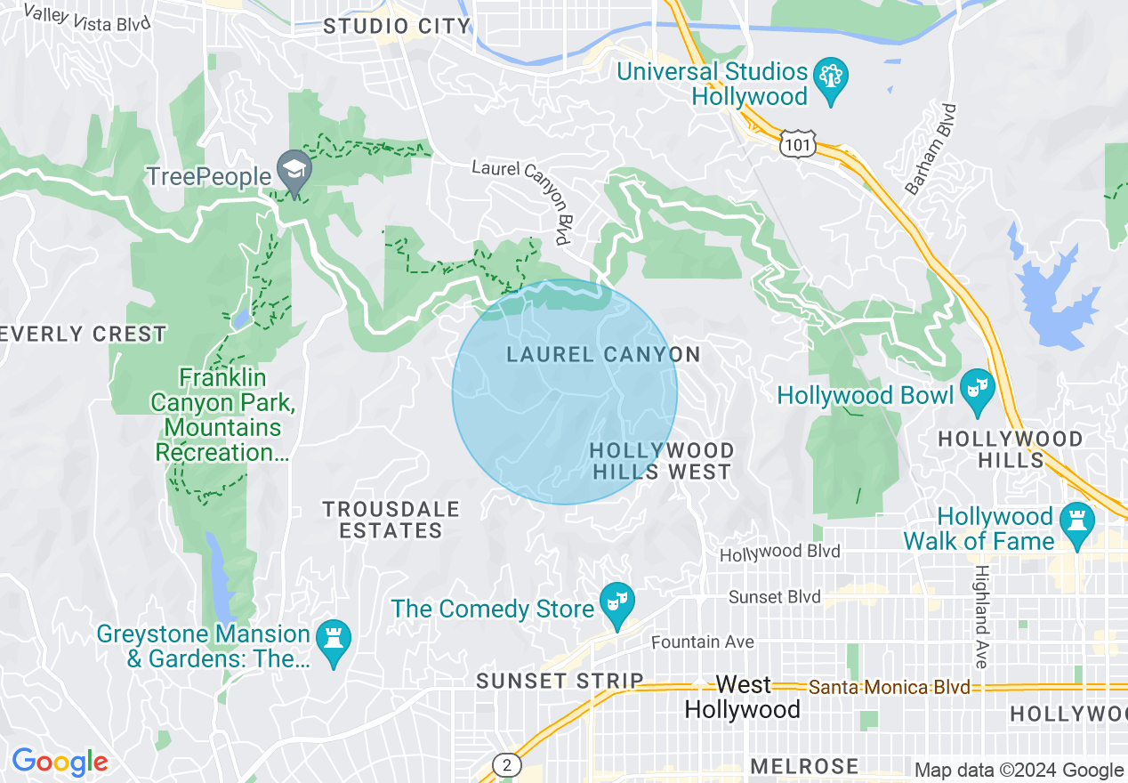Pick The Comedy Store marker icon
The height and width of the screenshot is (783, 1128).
click(x=615, y=603)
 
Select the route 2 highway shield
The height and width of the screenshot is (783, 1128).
click(x=506, y=764)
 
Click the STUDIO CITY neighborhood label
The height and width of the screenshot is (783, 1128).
click(x=396, y=27)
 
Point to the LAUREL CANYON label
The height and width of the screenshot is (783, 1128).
click(x=603, y=355)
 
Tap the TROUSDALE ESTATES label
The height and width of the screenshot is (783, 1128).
click(x=391, y=520)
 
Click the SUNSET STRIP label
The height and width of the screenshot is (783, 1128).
click(x=560, y=681)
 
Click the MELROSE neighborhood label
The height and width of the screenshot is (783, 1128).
click(x=804, y=766)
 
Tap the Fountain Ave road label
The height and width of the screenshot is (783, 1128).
click(x=702, y=642)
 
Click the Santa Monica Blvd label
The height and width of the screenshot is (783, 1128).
click(x=889, y=688)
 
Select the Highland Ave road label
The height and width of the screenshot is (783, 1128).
click(x=980, y=617)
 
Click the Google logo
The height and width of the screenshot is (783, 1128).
click(x=59, y=762)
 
